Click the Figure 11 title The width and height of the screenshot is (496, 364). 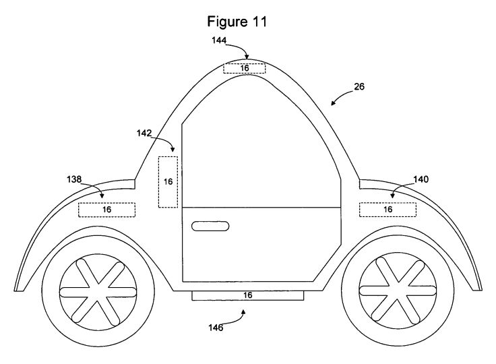tap(237, 22)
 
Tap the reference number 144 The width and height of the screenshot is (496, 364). tap(219, 40)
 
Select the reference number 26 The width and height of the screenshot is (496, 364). tap(359, 86)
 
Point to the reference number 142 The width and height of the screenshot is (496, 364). tap(144, 133)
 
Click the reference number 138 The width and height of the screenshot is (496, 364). tap(74, 179)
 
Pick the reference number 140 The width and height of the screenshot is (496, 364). tap(421, 179)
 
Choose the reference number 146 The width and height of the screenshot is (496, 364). tap(216, 328)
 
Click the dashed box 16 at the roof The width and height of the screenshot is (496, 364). tap(245, 68)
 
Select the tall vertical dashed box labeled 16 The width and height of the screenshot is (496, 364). tap(168, 182)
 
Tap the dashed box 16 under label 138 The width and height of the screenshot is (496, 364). tap(107, 210)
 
